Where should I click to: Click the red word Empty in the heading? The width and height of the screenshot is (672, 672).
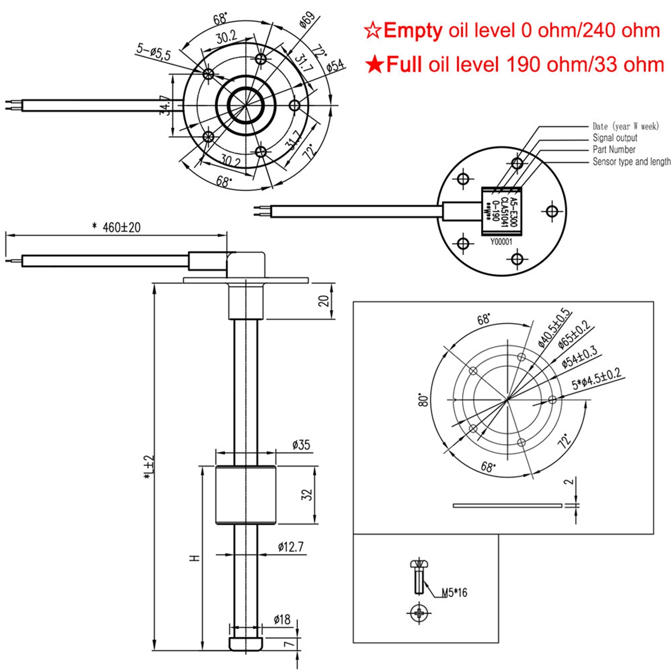pos(413,30)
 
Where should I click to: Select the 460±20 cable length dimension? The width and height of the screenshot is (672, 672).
pos(116,227)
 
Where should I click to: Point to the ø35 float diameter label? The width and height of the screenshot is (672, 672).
pos(301,446)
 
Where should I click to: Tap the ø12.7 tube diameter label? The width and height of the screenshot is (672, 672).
pos(291,547)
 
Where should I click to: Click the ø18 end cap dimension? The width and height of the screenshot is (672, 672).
pos(282,619)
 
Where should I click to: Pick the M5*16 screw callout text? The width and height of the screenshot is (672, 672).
pos(454,592)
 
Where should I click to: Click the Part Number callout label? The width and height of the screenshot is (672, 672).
pos(614,150)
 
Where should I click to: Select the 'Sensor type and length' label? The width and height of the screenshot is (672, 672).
pos(631,162)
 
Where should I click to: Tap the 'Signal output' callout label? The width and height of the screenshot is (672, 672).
pos(615,138)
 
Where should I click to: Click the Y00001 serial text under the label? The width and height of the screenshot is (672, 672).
pos(501,242)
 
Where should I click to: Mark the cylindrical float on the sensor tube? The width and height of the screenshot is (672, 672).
pos(246,495)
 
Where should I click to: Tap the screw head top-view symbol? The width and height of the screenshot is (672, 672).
pos(418,614)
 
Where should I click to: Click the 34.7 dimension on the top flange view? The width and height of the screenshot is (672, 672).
pos(164,105)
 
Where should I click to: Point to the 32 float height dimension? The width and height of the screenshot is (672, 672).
pos(306,495)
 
